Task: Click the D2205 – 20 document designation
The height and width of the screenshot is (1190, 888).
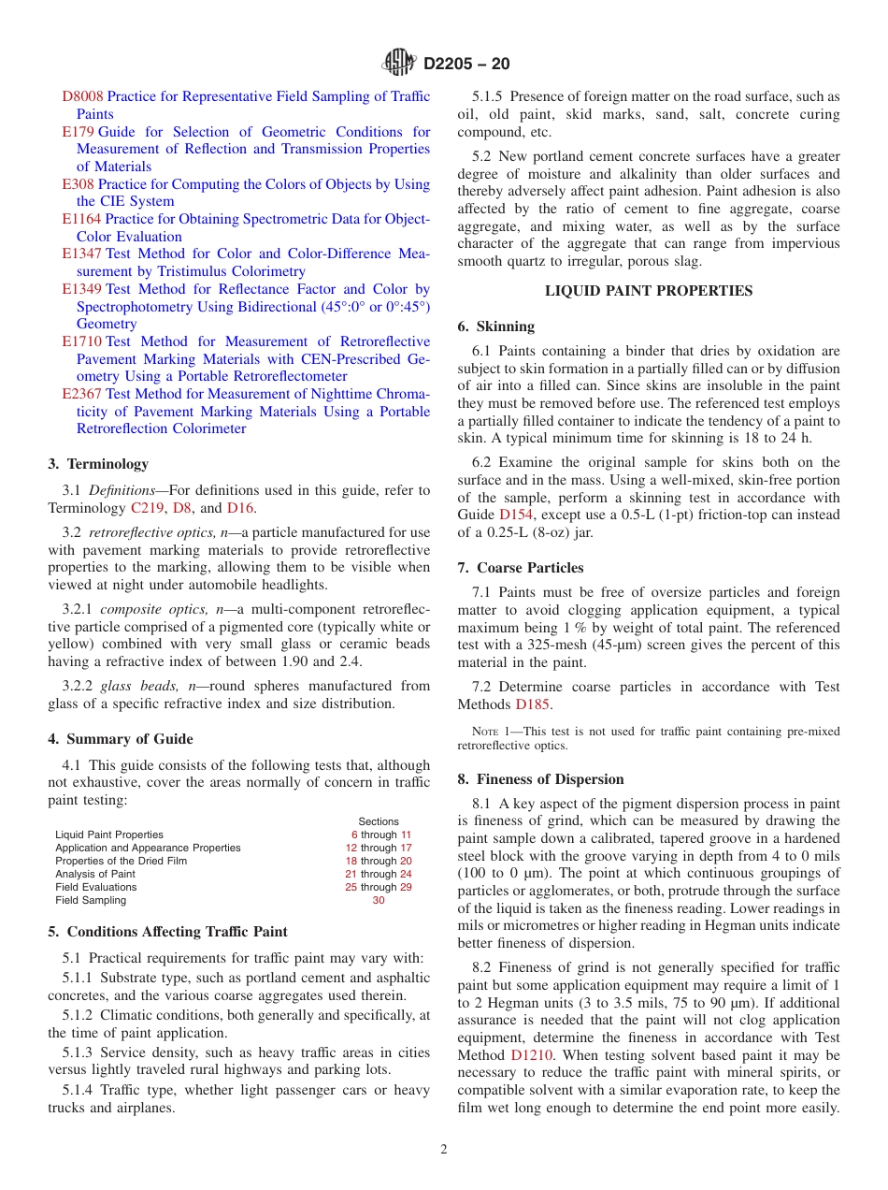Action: (466, 65)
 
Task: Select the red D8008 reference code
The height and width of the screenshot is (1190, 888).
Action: (82, 96)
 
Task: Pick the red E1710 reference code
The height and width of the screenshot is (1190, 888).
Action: (82, 341)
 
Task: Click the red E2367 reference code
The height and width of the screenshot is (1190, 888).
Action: (82, 394)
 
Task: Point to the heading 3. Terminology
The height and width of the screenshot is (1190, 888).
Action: (98, 464)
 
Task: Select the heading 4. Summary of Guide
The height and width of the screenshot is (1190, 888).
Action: (120, 739)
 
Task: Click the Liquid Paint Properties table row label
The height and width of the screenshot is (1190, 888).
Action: (109, 834)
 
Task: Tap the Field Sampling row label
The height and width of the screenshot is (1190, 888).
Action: (91, 900)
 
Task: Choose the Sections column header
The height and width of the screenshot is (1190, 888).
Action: (379, 821)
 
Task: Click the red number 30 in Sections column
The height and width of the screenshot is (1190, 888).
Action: (379, 900)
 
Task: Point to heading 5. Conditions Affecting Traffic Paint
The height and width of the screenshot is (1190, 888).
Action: (167, 932)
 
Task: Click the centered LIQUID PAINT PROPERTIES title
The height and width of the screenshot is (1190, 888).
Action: (648, 291)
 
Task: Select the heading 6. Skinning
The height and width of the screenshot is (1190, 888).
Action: (496, 327)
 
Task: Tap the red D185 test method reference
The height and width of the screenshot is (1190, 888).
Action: (533, 704)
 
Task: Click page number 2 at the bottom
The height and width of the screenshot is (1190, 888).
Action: (444, 1150)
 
